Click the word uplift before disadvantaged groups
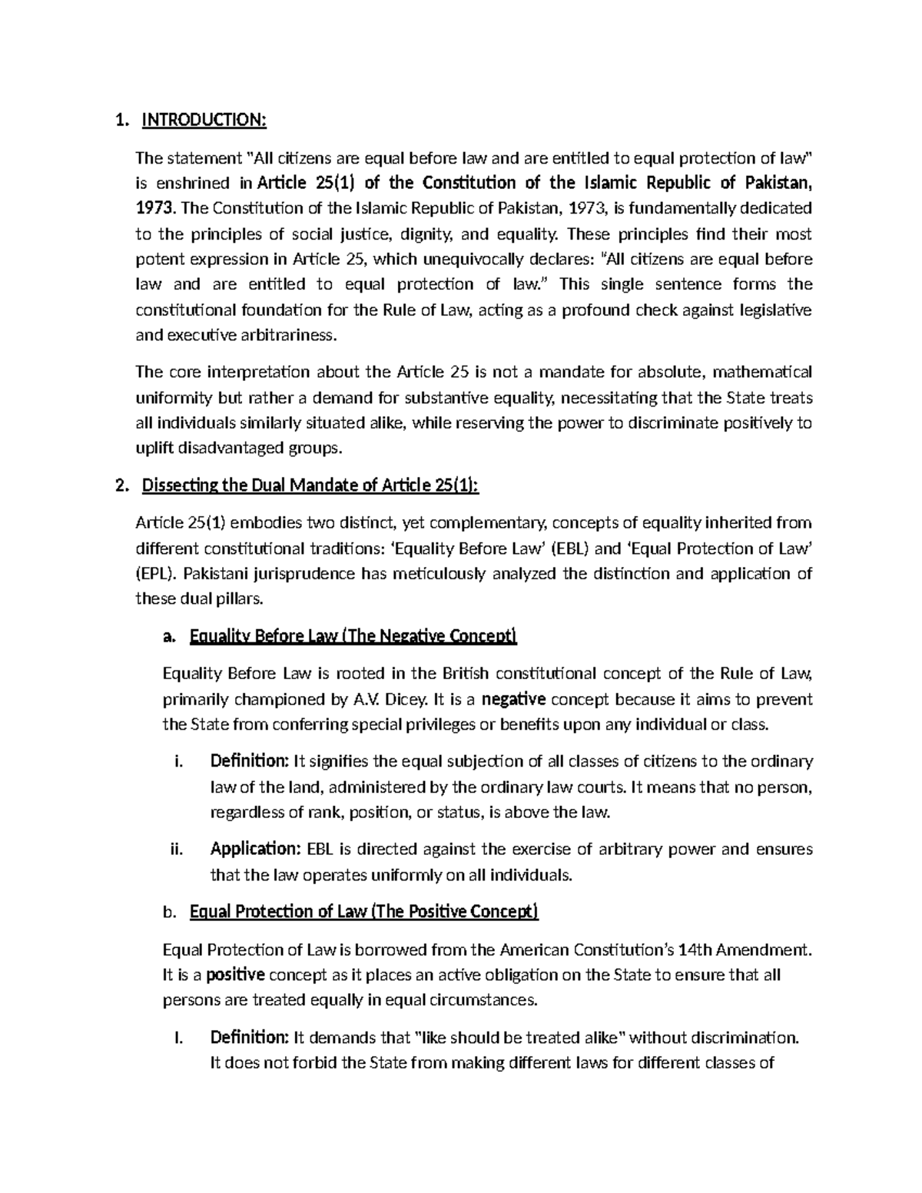coord(153,448)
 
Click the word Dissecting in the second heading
coord(175,486)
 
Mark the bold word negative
coord(514,699)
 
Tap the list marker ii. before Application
coord(176,850)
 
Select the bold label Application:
coord(255,850)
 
